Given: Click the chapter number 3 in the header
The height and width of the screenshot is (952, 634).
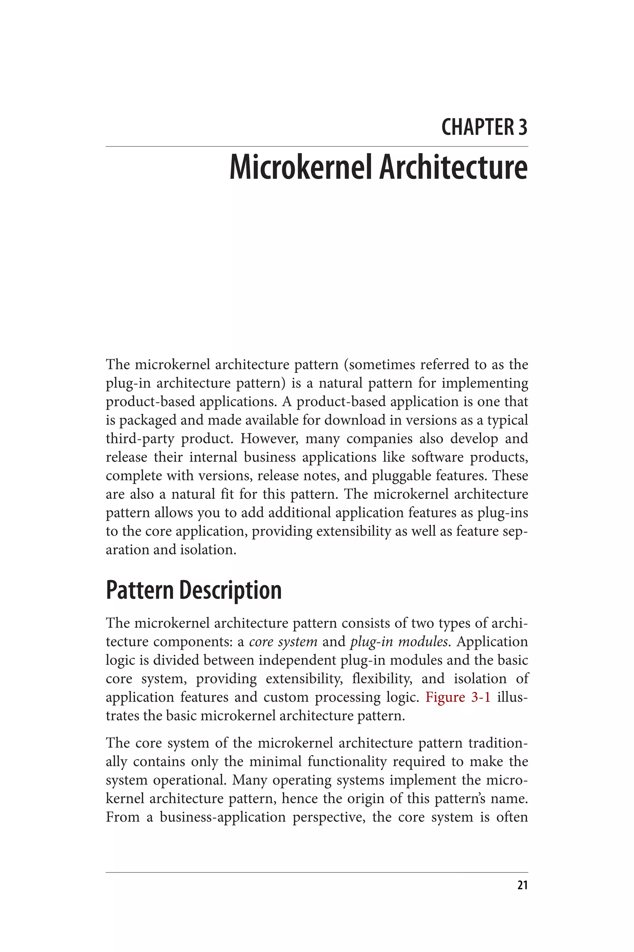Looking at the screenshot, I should click(523, 127).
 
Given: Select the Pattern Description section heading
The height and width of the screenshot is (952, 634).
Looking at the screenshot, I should click(194, 590).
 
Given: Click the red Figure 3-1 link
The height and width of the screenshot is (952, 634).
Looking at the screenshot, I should click(458, 697).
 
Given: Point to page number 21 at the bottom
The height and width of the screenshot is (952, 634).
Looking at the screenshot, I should click(523, 885).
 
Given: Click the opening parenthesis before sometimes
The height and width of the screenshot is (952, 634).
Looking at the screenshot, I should click(346, 365).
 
